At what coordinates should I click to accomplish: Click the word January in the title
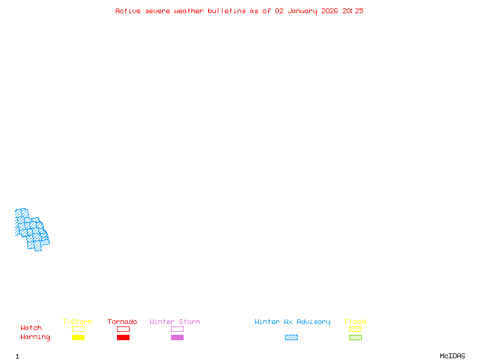point(302,11)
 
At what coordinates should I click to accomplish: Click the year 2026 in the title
point(329,11)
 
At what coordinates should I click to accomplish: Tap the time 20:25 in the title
point(353,11)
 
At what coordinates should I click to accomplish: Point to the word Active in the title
point(128,11)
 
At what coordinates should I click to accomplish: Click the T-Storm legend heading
point(77,322)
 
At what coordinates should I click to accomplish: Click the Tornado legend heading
point(122,322)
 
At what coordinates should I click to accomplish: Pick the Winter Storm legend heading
point(175,322)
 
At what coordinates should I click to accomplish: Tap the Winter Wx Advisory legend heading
point(292,322)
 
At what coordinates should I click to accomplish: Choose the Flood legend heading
point(355,322)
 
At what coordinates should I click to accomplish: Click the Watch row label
point(31,328)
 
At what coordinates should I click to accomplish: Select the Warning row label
point(35,337)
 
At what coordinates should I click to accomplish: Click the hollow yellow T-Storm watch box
point(79,329)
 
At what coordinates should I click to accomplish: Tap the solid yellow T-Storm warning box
point(79,337)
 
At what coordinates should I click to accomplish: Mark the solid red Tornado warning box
point(124,337)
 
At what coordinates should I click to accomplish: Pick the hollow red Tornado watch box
point(124,329)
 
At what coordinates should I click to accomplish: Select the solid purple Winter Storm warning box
point(177,337)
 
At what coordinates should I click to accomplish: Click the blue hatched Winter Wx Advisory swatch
point(291,337)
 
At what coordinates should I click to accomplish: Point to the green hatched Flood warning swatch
point(355,337)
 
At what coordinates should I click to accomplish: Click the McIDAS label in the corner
point(452,356)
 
